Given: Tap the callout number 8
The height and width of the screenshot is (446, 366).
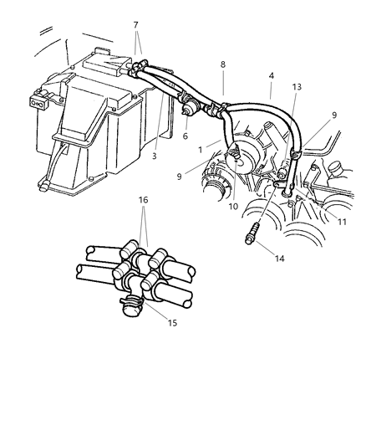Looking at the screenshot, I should (223, 64).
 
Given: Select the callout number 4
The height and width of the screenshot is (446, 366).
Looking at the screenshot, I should (271, 74).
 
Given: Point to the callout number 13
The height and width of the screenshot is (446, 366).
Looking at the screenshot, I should (297, 87).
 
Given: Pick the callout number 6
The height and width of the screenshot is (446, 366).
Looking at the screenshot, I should (186, 136).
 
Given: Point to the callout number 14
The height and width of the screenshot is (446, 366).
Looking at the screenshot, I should (280, 259).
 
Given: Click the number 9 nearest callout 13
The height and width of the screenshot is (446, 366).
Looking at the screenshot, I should (335, 116).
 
